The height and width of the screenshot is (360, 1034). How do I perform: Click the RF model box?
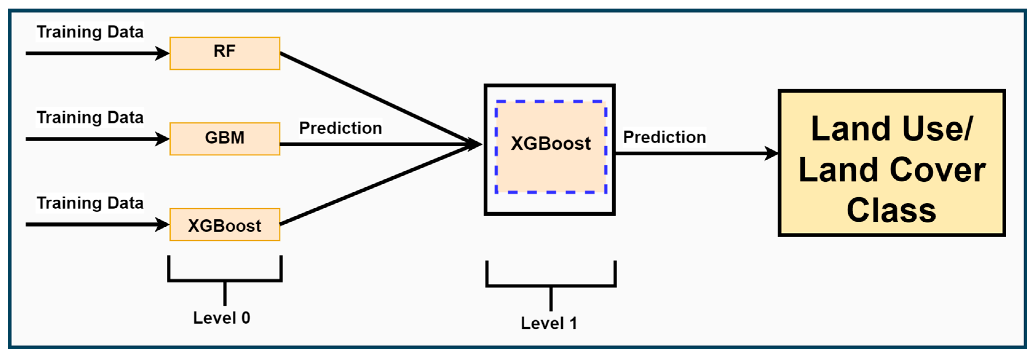[224, 53]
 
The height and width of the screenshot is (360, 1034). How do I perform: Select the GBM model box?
[224, 139]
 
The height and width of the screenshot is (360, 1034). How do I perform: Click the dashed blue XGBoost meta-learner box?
[551, 147]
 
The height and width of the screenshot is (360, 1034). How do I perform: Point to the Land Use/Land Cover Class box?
[891, 162]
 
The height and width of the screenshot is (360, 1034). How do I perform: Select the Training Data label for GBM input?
[90, 118]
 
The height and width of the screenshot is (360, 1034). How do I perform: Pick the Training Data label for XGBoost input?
[90, 203]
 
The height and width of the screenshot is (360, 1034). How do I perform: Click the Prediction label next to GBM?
[340, 128]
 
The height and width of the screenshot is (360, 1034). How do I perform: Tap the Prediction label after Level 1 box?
[664, 137]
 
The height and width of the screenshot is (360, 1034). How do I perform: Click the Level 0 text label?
[222, 318]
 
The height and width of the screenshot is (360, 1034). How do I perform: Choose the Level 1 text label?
[549, 323]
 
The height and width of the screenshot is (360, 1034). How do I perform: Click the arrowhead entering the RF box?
[163, 53]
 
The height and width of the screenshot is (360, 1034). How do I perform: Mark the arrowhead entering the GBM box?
[163, 139]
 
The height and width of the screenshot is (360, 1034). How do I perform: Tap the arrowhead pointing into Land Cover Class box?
[772, 153]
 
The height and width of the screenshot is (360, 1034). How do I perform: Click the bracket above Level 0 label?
[225, 280]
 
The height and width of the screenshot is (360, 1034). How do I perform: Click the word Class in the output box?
[891, 210]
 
